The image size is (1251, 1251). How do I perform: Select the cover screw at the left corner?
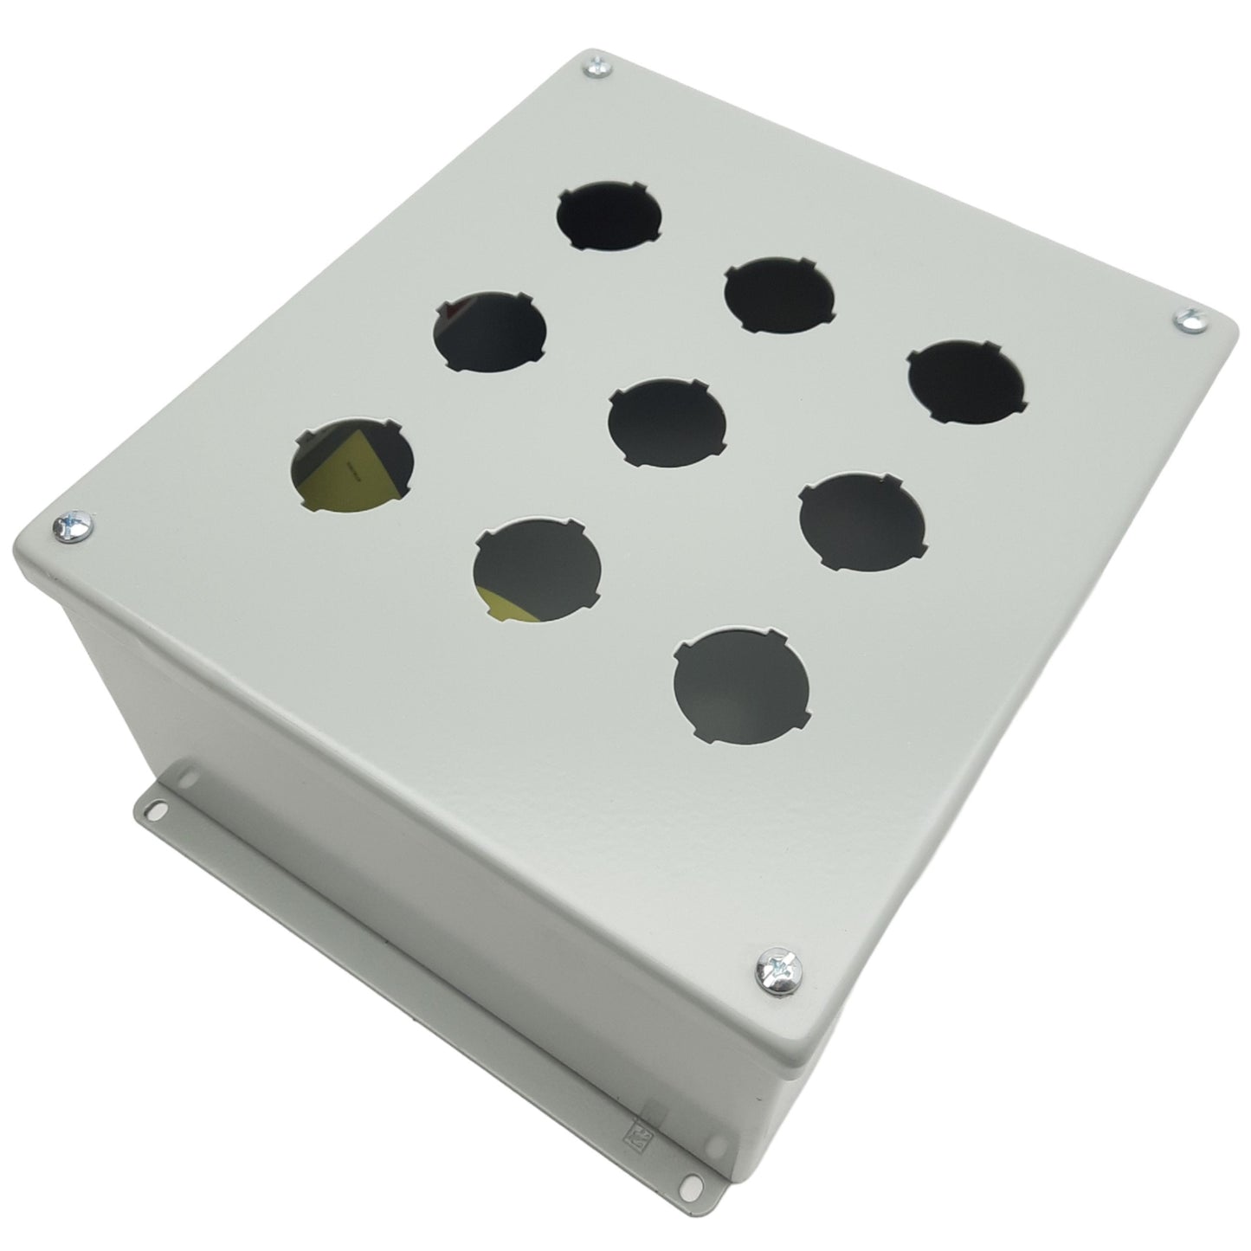coord(71,526)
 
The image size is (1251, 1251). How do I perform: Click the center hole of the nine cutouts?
coord(667,422)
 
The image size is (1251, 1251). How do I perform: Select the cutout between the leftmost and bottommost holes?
coord(537,568)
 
